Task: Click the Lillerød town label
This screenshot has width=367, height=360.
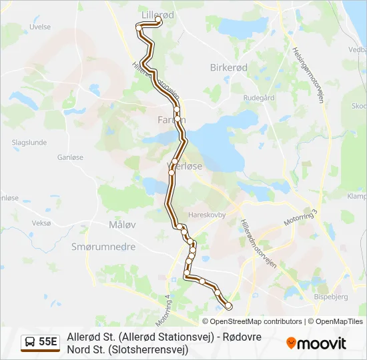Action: [x=156, y=13]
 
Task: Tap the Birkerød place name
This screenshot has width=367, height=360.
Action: [x=229, y=68]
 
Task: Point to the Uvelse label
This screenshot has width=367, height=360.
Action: [x=40, y=27]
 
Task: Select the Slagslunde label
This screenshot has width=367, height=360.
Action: [x=29, y=143]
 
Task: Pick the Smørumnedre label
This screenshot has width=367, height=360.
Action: [x=103, y=247]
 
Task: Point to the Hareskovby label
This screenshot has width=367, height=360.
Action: [x=207, y=215]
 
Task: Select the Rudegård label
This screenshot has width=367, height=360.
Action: [x=260, y=97]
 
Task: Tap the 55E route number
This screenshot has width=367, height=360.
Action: [x=48, y=342]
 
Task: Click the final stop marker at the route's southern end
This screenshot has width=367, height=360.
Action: [x=229, y=306]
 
